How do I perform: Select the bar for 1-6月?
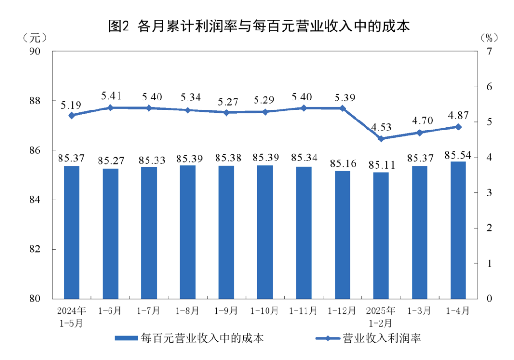point(110,233)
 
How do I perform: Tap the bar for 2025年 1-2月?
point(381,235)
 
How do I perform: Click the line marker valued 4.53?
point(381,139)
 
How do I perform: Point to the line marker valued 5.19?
point(72,115)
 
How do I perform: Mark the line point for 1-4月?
point(458,127)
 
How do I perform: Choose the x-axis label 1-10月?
point(265,311)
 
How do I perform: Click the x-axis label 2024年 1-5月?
point(72,317)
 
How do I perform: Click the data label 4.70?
point(419,121)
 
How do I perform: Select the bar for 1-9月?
point(226,232)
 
